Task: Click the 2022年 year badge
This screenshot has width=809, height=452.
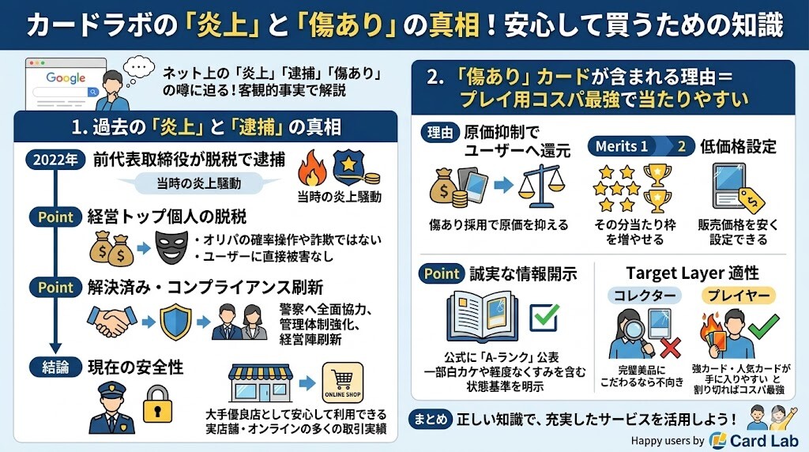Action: point(55,160)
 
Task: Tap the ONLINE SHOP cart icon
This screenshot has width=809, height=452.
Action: point(343,384)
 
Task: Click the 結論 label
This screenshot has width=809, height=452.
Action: point(55,367)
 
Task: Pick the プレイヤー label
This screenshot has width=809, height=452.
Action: point(738,296)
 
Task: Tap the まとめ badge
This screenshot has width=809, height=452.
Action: point(431,419)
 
